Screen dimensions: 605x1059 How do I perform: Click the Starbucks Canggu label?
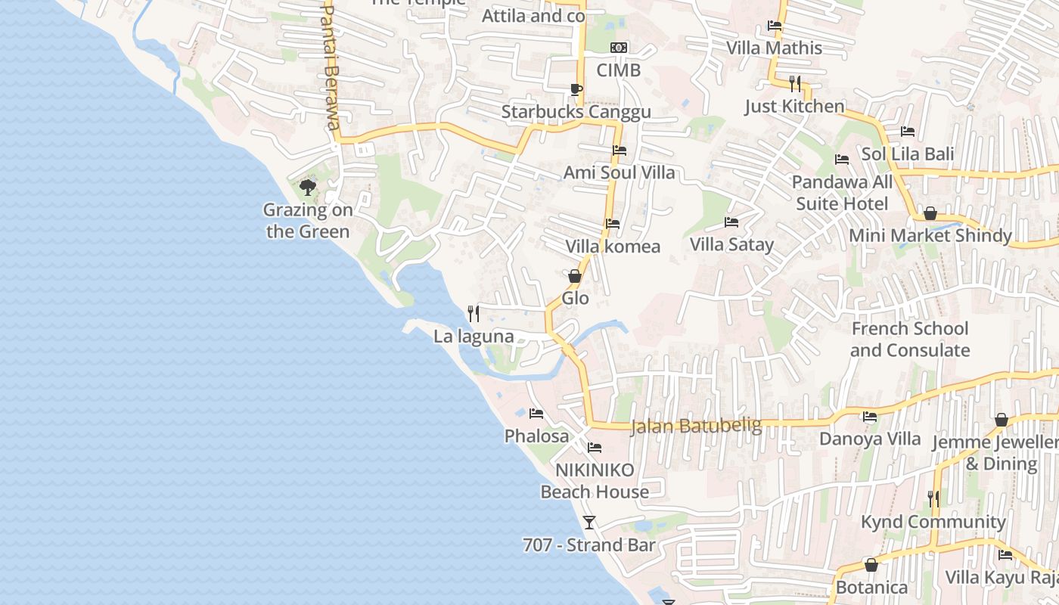tap(576, 113)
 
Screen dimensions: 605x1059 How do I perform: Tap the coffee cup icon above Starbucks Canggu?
tap(576, 90)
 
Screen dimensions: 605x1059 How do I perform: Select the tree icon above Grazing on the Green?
tap(307, 187)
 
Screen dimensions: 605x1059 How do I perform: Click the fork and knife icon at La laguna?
tap(474, 313)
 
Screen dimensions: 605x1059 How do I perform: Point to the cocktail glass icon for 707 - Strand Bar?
tap(589, 522)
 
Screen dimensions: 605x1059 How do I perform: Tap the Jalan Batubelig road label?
tap(696, 427)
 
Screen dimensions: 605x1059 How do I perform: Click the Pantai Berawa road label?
tap(331, 68)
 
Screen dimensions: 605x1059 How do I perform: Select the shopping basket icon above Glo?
tap(575, 276)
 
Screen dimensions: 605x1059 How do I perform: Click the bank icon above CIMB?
tap(619, 48)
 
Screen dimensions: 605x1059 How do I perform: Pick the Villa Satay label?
tap(731, 244)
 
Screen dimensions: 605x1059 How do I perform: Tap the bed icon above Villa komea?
tap(613, 224)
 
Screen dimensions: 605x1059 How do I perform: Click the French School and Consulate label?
tap(909, 340)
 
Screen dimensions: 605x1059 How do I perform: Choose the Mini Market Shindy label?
tap(930, 236)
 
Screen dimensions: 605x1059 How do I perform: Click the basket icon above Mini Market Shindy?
tap(930, 214)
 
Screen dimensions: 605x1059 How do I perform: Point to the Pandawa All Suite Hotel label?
tap(842, 193)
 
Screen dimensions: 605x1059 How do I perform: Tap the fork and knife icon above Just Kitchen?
tap(794, 83)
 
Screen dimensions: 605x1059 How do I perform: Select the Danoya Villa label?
tap(870, 439)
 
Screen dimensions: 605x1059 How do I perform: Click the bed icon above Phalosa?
tap(536, 414)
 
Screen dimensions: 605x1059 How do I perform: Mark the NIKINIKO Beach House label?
tap(595, 481)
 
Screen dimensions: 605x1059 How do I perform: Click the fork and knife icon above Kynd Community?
tap(933, 499)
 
